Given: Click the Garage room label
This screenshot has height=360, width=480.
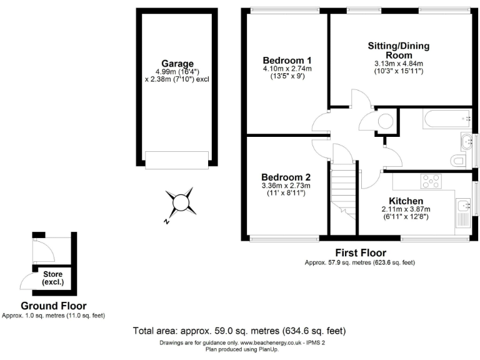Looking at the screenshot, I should (x=177, y=64).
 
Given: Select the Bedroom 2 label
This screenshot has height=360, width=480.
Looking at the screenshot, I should (x=286, y=177).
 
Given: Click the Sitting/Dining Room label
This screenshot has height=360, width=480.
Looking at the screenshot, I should (x=399, y=51).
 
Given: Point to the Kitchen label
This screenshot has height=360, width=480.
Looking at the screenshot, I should (x=406, y=201).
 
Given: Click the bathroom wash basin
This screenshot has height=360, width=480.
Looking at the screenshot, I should (x=466, y=142).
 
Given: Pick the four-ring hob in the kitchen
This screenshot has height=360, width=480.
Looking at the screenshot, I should (x=431, y=181).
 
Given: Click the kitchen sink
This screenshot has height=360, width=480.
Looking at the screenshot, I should (x=464, y=206).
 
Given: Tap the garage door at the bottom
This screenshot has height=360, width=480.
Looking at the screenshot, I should (x=177, y=159).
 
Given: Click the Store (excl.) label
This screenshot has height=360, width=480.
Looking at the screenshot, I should (x=53, y=277).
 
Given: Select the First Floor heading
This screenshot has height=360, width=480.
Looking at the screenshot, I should (x=360, y=252).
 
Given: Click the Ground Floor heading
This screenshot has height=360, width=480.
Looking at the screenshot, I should (x=53, y=306).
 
